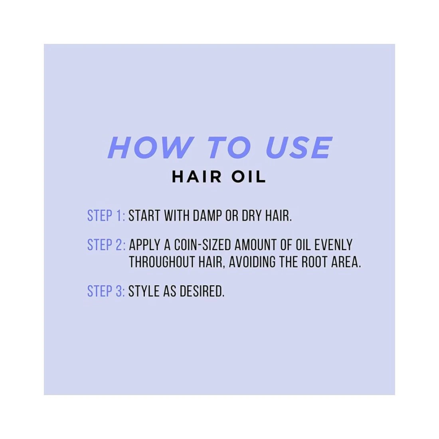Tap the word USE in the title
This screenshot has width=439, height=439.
299,148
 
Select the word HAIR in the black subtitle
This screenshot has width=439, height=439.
196,177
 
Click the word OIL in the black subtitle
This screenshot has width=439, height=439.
247,177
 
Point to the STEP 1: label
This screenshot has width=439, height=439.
106,216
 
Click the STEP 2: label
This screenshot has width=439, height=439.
107,245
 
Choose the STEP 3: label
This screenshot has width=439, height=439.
106,291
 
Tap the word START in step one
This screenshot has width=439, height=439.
144,216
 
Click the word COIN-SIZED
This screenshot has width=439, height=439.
202,245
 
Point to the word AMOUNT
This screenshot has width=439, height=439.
255,245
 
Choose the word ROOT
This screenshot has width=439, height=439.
314,262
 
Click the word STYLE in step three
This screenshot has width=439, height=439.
144,291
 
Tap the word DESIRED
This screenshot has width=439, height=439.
202,291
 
